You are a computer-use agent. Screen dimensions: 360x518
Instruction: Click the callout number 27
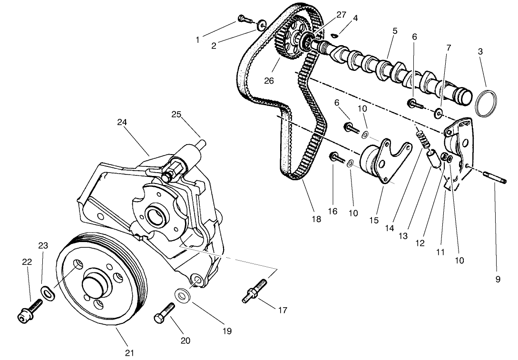point(341,15)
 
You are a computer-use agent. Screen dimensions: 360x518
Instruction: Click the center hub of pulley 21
point(98,287)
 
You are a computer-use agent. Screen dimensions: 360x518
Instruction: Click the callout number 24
point(122,122)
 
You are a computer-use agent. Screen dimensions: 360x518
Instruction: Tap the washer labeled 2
point(262,25)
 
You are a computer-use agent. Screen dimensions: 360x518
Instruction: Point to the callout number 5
point(395,31)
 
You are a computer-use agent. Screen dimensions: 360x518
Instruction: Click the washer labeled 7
point(438,113)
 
